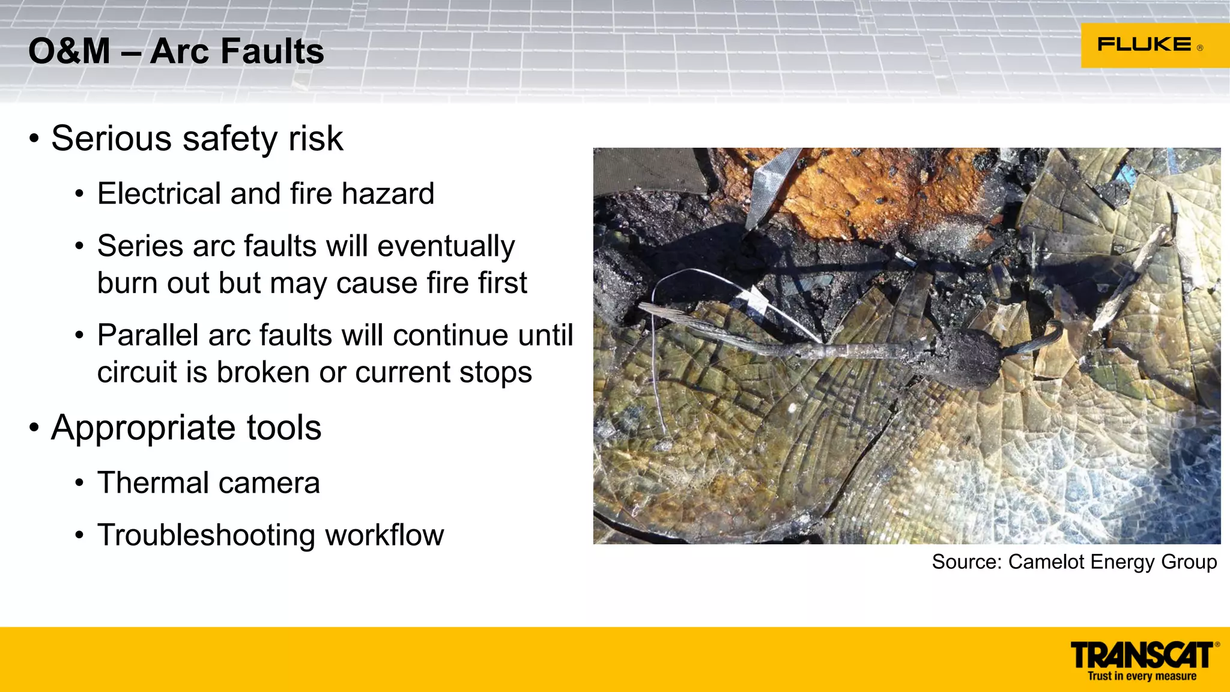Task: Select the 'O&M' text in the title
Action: pyautogui.click(x=69, y=51)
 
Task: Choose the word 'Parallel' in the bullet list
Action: pyautogui.click(x=148, y=335)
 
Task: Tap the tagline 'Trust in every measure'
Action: pyautogui.click(x=1142, y=676)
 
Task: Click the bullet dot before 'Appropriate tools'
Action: pyautogui.click(x=34, y=428)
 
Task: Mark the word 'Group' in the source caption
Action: pyautogui.click(x=1189, y=562)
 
